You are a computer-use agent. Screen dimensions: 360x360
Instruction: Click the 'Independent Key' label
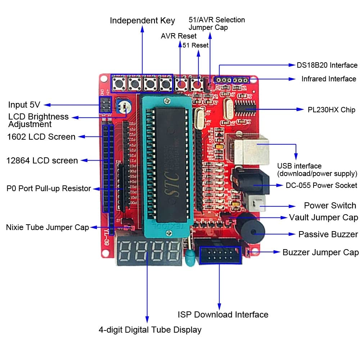142,21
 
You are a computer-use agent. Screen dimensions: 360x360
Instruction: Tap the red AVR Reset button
180,85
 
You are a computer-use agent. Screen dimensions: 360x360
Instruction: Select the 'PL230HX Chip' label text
331,109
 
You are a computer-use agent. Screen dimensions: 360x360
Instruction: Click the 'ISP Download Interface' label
223,314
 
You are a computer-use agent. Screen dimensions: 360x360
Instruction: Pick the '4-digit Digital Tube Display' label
150,329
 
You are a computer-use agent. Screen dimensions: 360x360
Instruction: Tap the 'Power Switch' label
330,206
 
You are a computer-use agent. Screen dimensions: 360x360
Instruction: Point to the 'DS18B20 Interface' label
327,65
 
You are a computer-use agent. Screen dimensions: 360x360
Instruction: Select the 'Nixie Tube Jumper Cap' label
47,228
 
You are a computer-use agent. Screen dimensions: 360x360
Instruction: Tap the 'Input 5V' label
24,105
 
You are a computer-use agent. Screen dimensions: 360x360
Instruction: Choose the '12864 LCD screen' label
42,161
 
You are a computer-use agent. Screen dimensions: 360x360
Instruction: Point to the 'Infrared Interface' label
329,79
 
